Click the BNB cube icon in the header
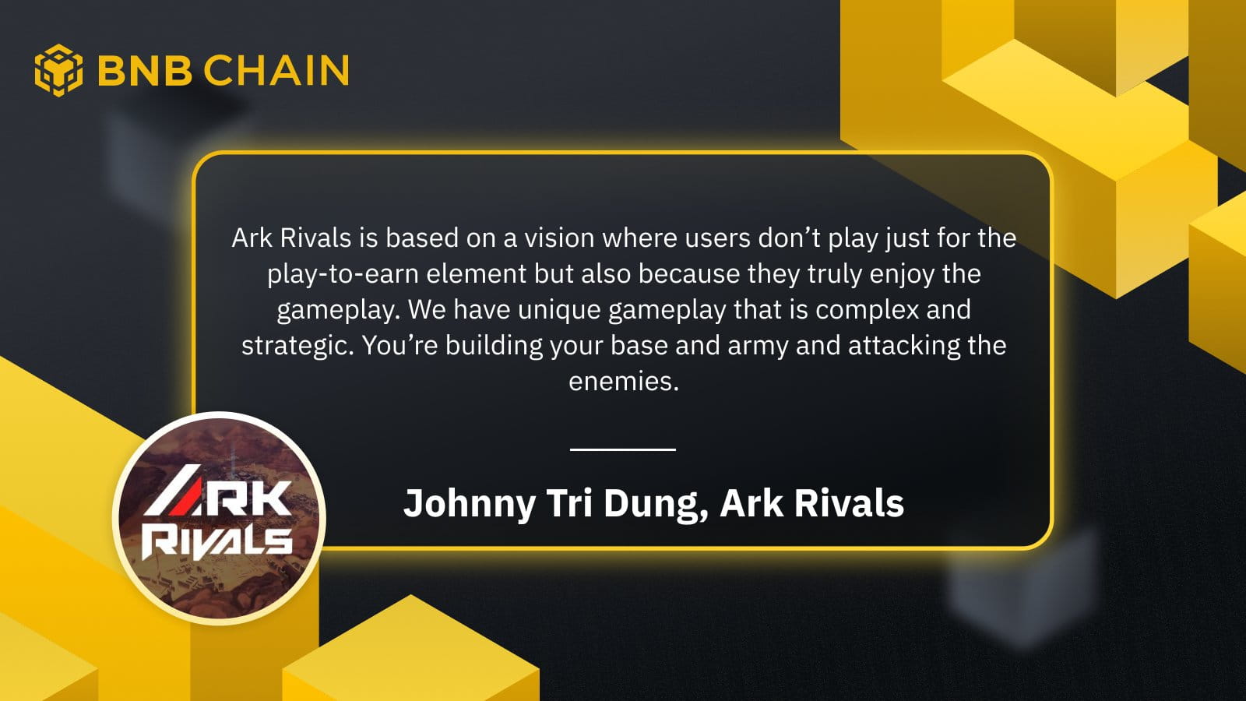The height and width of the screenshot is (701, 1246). tap(59, 70)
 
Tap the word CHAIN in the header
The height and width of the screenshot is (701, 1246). tap(276, 71)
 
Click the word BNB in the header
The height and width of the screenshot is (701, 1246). tap(145, 71)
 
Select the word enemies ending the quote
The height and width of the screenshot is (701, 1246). tap(624, 382)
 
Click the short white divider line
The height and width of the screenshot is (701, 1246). tap(623, 449)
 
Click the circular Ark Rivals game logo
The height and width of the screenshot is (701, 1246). tap(219, 518)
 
